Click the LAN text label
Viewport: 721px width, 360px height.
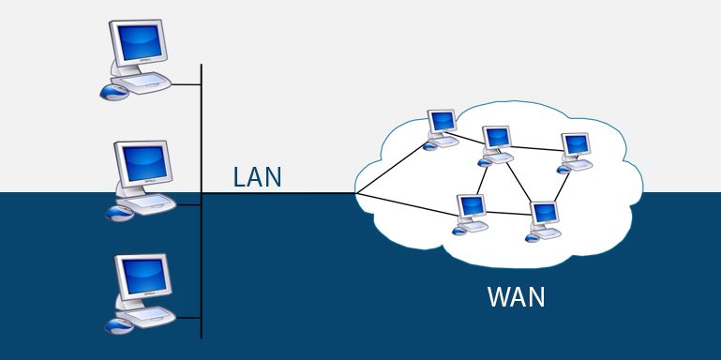(x=257, y=177)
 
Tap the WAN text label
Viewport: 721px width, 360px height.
(x=516, y=298)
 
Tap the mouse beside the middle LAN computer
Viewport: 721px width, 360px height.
(x=119, y=213)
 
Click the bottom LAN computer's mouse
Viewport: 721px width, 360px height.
(x=118, y=325)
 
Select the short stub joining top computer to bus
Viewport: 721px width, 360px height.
(x=188, y=84)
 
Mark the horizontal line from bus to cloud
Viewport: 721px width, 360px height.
(x=281, y=194)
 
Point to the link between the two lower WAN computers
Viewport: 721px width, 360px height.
(x=506, y=214)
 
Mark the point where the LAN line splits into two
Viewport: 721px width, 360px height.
(x=356, y=194)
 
